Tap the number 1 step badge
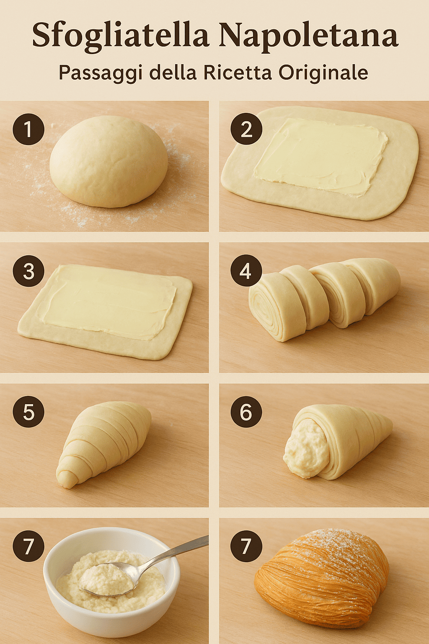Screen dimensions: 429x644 [28, 129]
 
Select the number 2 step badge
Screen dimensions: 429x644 [246, 129]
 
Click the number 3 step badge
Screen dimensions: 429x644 [28, 271]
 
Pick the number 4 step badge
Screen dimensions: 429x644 [246, 271]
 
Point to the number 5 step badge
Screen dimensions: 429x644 [28, 412]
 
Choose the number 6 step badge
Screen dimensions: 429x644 [246, 412]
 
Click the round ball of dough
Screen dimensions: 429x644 [109, 161]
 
